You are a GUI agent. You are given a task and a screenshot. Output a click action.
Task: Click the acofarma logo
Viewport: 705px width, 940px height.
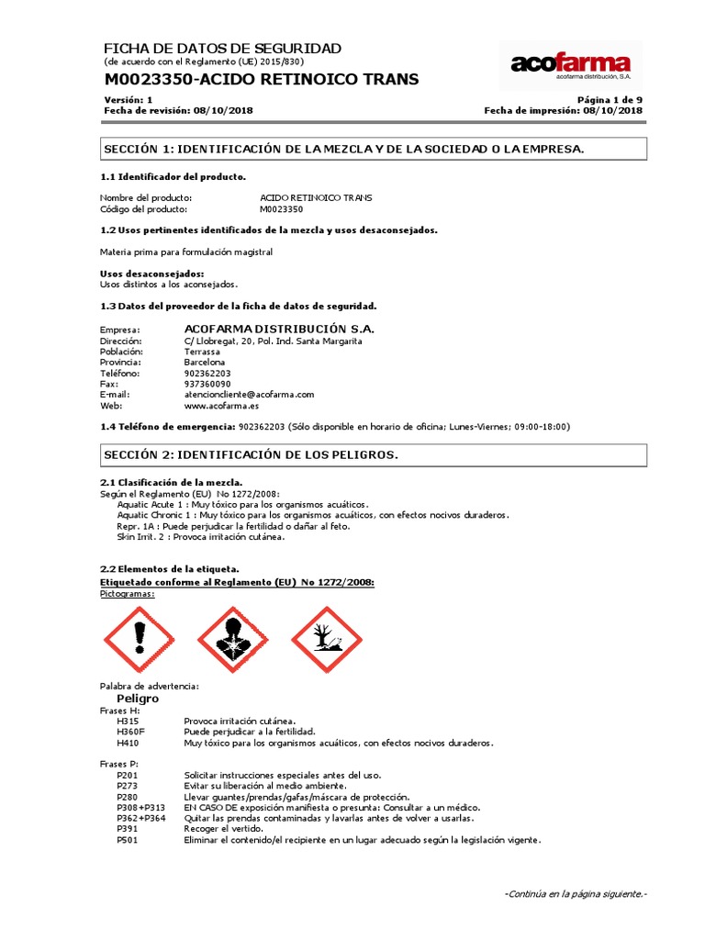(570, 65)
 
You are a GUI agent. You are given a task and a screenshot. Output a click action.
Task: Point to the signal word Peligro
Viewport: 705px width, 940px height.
(138, 699)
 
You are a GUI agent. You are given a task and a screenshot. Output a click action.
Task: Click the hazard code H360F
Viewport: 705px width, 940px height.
(132, 732)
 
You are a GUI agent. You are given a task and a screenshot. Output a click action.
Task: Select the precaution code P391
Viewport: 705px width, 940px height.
(128, 829)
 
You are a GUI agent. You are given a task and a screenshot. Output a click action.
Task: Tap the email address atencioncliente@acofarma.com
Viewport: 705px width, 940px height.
(249, 394)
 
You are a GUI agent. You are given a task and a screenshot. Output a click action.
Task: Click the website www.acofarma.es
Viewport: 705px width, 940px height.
(221, 405)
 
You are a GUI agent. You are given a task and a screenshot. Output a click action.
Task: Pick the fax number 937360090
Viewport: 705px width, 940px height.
(207, 384)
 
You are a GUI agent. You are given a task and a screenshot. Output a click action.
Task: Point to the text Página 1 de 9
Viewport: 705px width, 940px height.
(610, 99)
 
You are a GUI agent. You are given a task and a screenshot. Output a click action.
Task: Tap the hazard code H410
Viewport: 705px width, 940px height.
(128, 743)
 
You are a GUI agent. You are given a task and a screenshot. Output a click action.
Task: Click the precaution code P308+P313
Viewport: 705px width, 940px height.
(141, 807)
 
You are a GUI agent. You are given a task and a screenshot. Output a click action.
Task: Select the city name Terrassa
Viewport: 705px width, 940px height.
(202, 352)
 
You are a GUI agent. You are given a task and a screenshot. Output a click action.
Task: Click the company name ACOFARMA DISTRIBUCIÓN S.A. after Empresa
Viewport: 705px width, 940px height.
(279, 329)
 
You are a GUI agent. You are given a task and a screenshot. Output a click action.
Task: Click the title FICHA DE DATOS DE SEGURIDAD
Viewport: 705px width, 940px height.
(222, 48)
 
